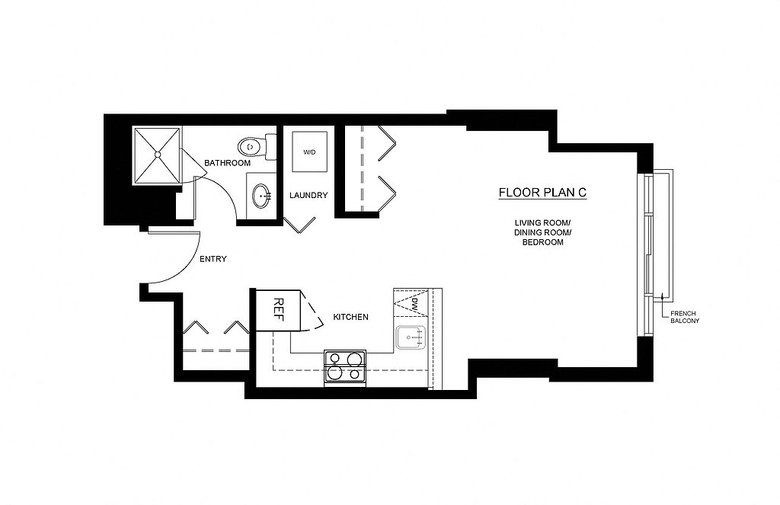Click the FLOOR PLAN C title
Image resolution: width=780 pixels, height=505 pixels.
[x=542, y=193]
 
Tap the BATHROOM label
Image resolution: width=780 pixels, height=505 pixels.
[x=227, y=163]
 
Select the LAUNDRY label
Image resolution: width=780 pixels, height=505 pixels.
[x=308, y=196]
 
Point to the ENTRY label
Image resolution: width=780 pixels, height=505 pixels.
[x=213, y=259]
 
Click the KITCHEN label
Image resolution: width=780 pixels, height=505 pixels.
[x=350, y=317]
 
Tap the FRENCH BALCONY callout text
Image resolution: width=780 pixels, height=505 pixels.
[x=685, y=317]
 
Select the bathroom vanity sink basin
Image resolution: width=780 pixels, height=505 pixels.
[x=262, y=196]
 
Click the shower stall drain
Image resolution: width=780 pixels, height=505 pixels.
[x=157, y=155]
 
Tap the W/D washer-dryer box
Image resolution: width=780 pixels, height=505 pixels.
[x=309, y=152]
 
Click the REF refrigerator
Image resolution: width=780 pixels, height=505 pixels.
[x=277, y=311]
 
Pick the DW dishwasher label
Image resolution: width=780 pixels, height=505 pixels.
[x=414, y=305]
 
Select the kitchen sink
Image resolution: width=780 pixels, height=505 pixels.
[x=411, y=338]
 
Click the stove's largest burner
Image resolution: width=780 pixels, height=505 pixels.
[x=355, y=360]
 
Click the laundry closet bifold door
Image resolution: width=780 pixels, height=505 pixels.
[x=299, y=225]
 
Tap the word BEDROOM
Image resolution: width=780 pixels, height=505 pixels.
[x=542, y=242]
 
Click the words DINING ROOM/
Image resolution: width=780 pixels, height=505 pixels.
[x=542, y=232]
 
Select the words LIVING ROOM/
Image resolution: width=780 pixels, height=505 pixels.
[x=542, y=222]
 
